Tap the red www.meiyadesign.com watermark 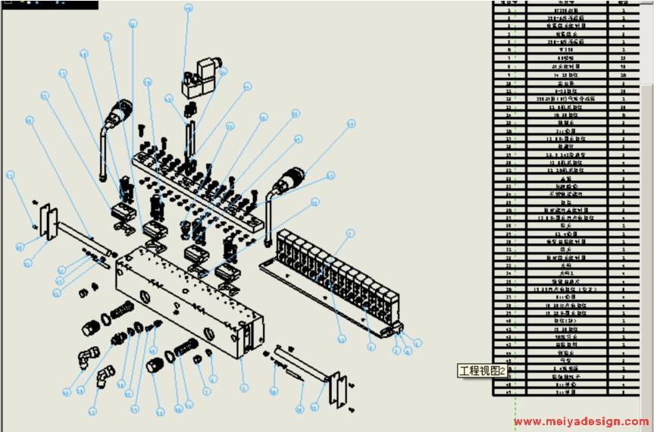click(x=580, y=422)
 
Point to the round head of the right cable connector click(x=291, y=182)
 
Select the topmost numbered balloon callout click(x=189, y=8)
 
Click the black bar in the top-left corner click(x=49, y=4)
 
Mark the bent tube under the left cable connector click(x=102, y=155)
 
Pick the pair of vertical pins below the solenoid click(x=189, y=136)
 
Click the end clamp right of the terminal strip click(x=395, y=328)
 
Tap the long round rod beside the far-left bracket click(x=85, y=239)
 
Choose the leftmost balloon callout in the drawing click(x=10, y=175)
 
